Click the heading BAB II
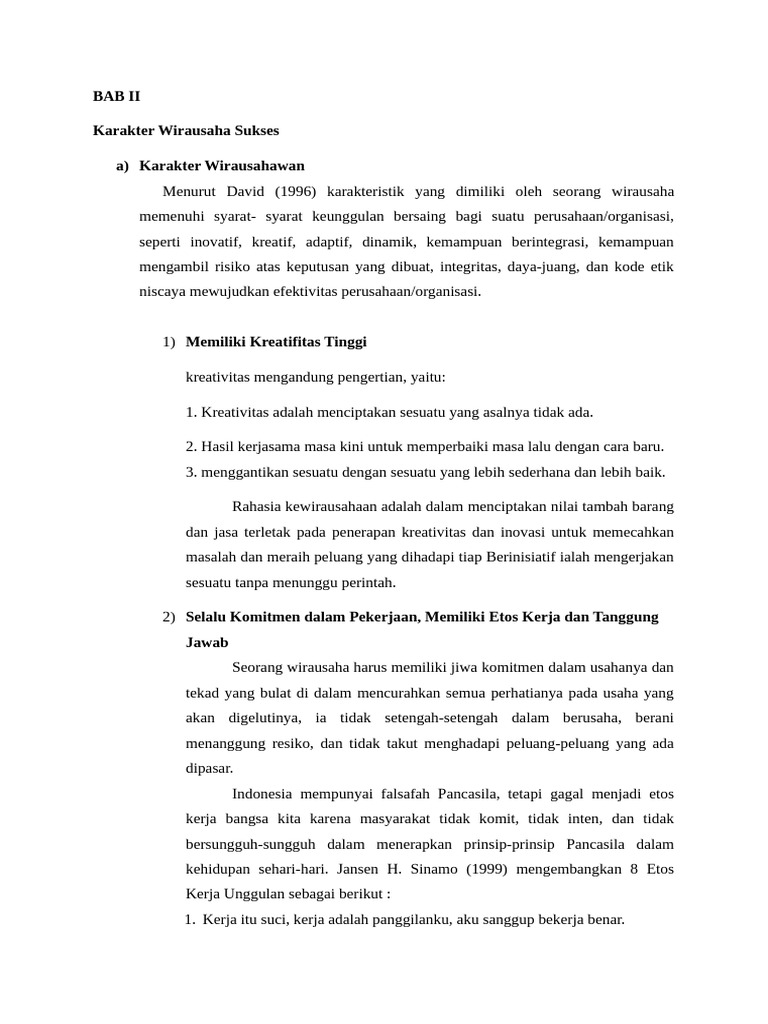(x=117, y=98)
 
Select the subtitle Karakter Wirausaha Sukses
(x=185, y=131)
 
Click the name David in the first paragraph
(x=249, y=190)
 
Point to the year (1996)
(x=300, y=190)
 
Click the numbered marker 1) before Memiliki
(x=169, y=342)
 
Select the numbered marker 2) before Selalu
(x=169, y=617)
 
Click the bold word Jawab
(x=207, y=642)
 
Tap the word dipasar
(x=209, y=768)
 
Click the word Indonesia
(x=262, y=794)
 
